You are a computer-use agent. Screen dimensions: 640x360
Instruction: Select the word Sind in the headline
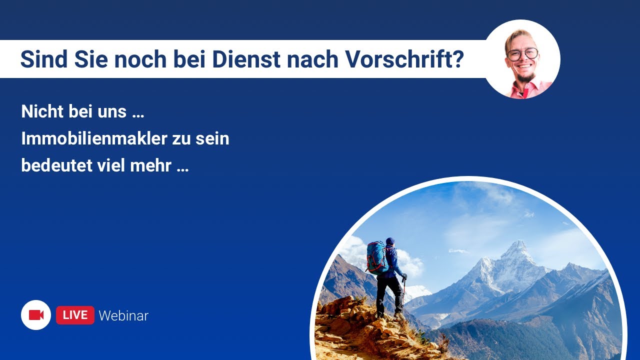(44, 59)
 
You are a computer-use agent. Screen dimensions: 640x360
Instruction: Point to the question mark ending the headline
(459, 59)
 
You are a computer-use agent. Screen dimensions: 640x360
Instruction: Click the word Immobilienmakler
(94, 138)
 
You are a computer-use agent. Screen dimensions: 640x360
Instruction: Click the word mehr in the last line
(150, 165)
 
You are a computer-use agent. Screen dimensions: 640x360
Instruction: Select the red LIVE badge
(75, 315)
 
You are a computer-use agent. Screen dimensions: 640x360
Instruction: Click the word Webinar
(123, 315)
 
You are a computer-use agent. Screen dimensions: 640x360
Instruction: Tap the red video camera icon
(36, 315)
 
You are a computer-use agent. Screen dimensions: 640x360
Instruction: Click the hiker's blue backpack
(376, 257)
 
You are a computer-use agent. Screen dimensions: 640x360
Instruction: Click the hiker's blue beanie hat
(390, 241)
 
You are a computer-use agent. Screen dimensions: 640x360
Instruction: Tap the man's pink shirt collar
(528, 87)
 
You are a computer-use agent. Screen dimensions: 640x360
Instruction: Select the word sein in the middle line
(212, 138)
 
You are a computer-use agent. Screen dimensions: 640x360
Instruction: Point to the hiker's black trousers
(388, 295)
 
